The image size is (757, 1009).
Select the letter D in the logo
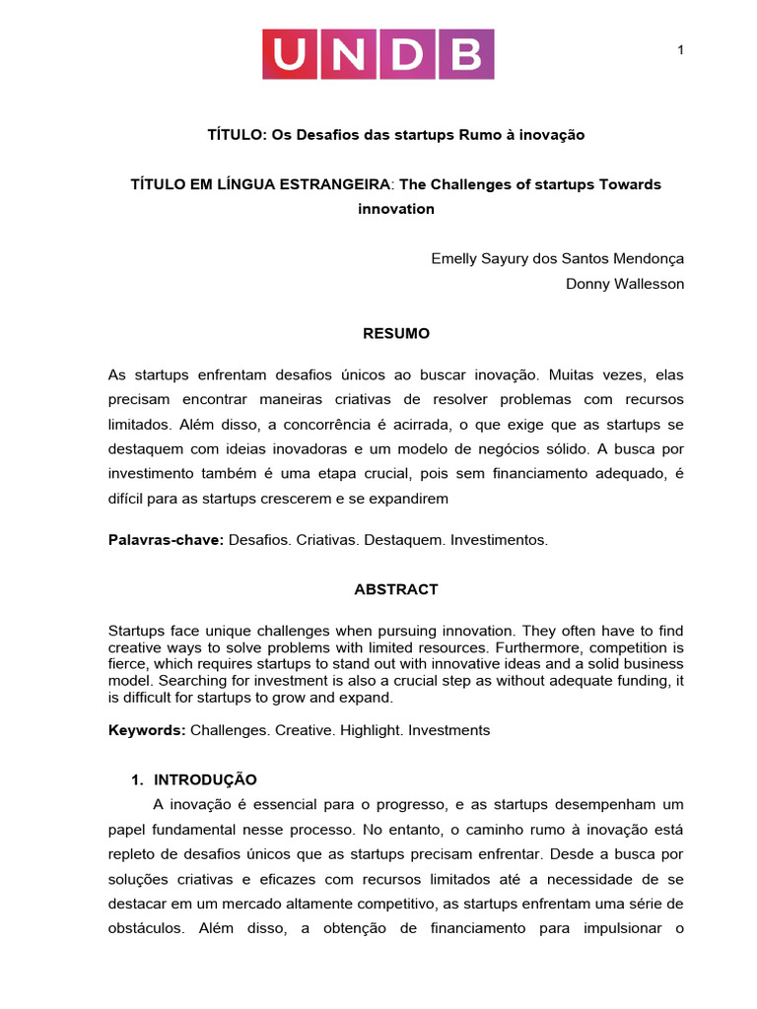point(407,54)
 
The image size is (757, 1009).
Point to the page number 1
point(680,51)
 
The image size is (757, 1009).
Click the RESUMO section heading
point(396,334)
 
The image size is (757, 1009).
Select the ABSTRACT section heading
point(396,589)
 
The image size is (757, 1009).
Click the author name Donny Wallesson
point(625,284)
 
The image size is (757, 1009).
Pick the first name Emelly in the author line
point(454,258)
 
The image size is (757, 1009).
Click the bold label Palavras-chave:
point(166,540)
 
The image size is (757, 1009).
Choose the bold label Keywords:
point(146,730)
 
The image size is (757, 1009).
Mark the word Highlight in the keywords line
point(370,730)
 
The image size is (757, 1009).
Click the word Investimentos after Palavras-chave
point(499,540)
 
